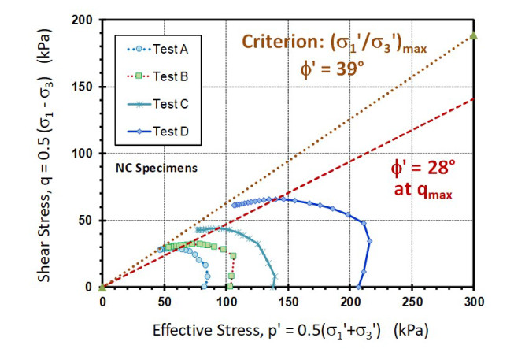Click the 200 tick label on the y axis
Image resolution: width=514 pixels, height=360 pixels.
tap(87, 20)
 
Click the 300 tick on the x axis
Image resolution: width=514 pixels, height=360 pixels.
tap(473, 301)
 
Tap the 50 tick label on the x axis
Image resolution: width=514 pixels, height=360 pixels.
tap(164, 301)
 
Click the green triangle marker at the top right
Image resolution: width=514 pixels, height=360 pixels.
tap(473, 35)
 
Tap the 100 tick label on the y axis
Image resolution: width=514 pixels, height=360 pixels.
tap(87, 154)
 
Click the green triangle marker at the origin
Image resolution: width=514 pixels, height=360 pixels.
tap(102, 287)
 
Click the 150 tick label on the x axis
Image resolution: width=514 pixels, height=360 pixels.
tap(287, 301)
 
